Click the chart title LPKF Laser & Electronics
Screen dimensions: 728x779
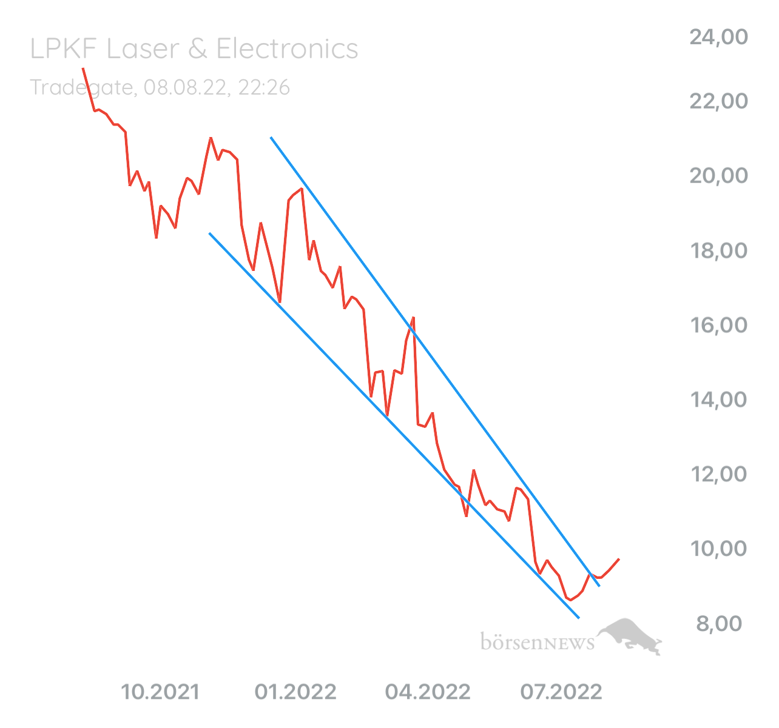tap(194, 50)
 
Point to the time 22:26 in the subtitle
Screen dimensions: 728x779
tap(264, 88)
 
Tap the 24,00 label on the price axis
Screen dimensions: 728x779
tap(718, 38)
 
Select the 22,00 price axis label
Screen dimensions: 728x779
tap(718, 101)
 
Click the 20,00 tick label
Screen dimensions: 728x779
tap(718, 176)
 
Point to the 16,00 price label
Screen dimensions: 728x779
tap(718, 326)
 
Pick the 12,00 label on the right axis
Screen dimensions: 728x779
tap(718, 475)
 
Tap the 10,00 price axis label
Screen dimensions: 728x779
tap(718, 549)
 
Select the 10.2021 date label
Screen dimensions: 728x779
tap(160, 692)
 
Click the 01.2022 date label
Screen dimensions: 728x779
tap(297, 692)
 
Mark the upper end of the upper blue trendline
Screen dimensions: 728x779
tap(271, 138)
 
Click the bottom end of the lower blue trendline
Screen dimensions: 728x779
tap(579, 618)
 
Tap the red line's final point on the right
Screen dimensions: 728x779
tap(618, 559)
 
